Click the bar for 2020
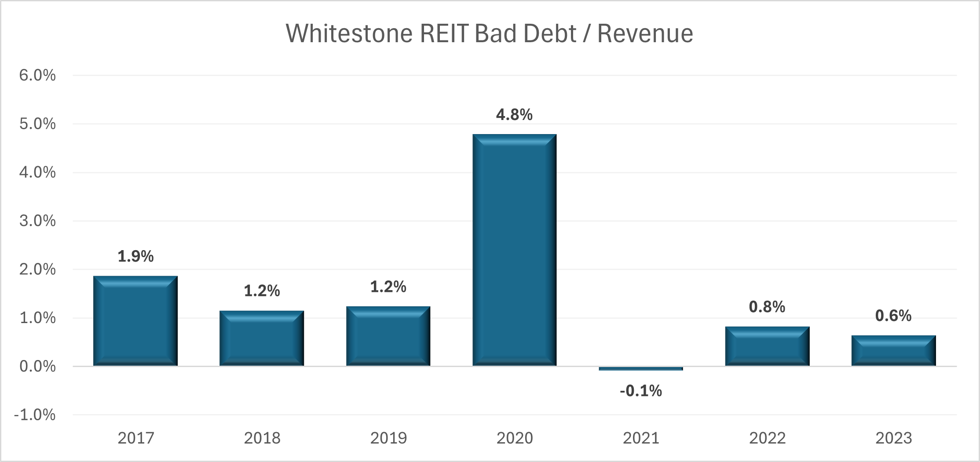(514, 250)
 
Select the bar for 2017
(135, 321)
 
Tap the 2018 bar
(262, 338)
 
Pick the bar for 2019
(388, 336)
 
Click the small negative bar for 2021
(640, 368)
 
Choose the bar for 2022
(767, 346)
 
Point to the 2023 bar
(893, 350)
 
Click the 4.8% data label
(514, 115)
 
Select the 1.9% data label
(135, 256)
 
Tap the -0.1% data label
(640, 391)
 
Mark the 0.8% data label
(767, 307)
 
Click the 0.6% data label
(893, 316)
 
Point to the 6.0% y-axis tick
(37, 75)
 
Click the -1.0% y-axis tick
(35, 415)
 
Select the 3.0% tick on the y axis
(37, 221)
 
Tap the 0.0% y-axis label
(37, 366)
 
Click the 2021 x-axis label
(641, 438)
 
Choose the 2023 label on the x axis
(893, 438)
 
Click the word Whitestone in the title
(350, 33)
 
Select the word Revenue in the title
(645, 33)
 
